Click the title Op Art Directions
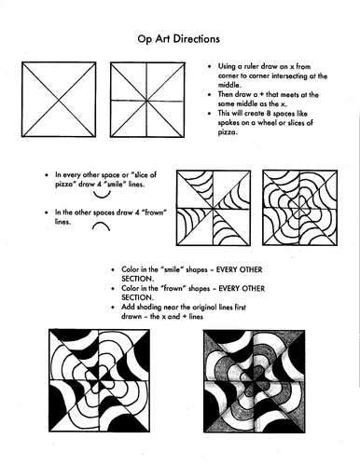[179, 42]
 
